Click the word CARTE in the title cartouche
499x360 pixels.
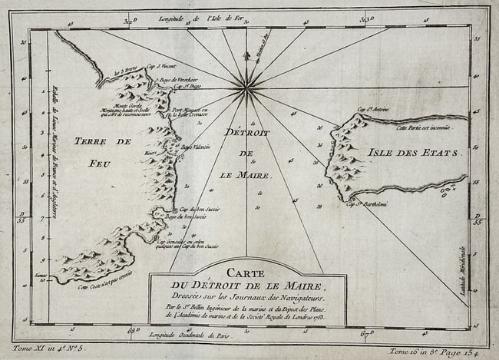pyautogui.click(x=247, y=272)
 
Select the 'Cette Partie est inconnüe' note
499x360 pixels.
pyautogui.click(x=428, y=128)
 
